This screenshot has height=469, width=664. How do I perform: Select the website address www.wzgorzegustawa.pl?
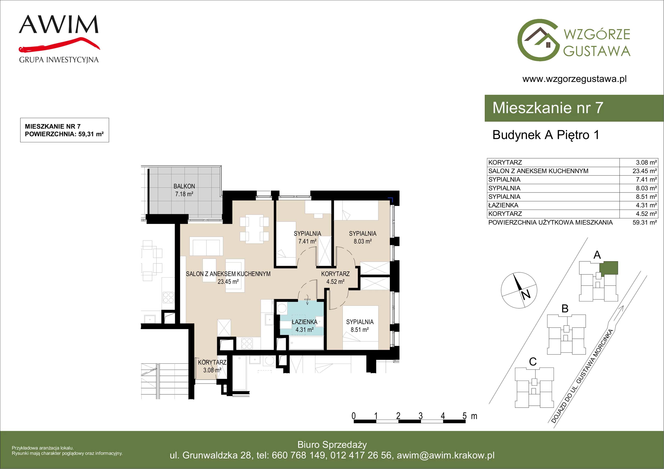pos(574,79)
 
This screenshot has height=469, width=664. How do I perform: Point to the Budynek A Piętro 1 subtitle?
pos(546,135)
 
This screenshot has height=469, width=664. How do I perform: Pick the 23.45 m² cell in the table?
pos(644,171)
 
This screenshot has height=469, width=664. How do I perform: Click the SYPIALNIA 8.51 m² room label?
pos(360,326)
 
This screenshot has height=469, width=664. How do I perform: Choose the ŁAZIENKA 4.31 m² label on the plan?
pos(305,326)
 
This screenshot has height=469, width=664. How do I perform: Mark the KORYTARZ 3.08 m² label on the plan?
pos(212,366)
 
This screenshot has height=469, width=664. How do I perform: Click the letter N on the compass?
pos(526,294)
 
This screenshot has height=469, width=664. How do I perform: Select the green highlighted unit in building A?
pos(608,268)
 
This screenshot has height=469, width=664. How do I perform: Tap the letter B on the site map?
pos(565,308)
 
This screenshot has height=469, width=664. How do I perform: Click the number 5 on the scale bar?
pos(464,416)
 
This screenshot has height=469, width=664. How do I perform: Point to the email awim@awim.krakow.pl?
pos(446,455)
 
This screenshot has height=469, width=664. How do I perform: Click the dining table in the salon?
pos(254,229)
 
